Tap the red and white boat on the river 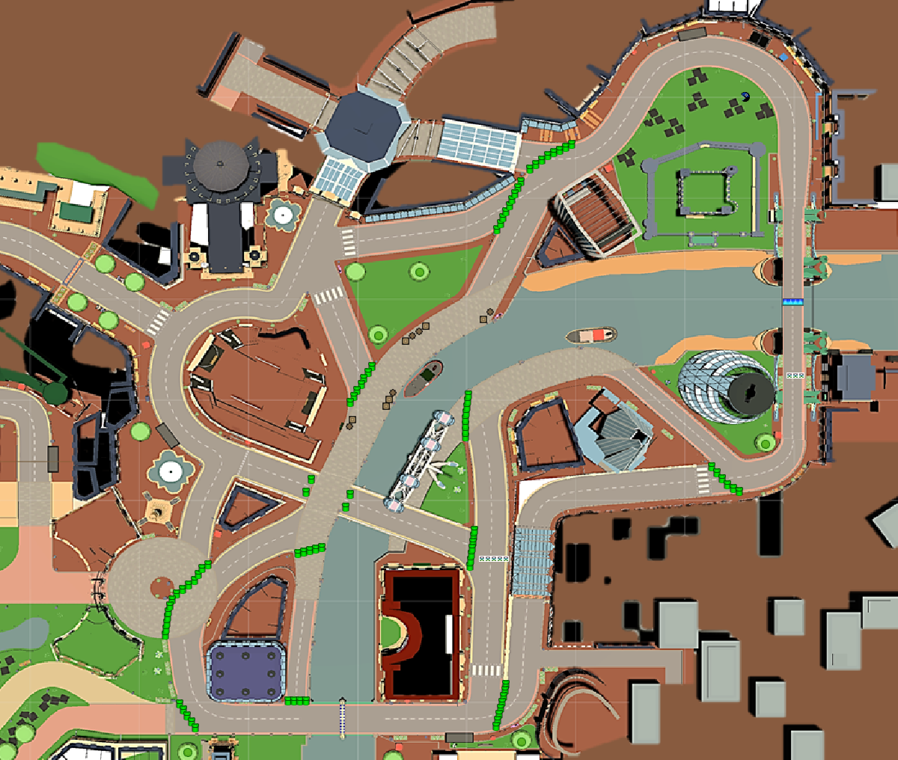point(591,335)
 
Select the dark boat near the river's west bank point(424,378)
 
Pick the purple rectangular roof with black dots point(246,671)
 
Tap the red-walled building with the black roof point(421,633)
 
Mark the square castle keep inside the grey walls point(705,189)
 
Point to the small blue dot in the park point(745,94)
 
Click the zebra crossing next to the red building point(486,669)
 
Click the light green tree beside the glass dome point(764,443)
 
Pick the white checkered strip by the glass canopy point(493,558)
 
